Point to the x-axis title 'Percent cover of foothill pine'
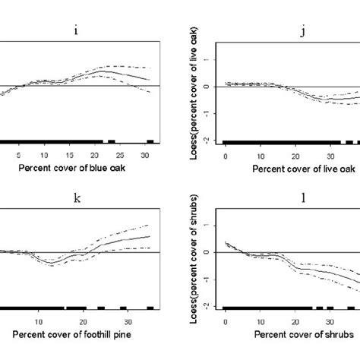[x=70, y=333]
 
